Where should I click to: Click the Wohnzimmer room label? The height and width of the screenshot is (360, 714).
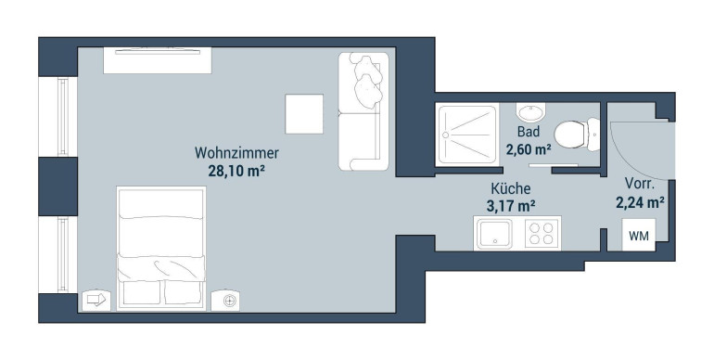(x=236, y=153)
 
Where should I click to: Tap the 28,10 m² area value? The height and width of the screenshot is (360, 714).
(x=236, y=171)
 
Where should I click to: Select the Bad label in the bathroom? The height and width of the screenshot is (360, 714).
(x=529, y=132)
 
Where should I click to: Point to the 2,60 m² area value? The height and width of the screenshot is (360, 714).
(x=529, y=148)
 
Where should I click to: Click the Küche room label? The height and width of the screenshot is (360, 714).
(x=510, y=188)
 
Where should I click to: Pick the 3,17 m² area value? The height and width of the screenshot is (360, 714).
(x=510, y=206)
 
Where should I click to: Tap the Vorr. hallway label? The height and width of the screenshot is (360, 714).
(x=639, y=184)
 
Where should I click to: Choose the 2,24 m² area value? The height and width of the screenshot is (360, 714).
(x=639, y=202)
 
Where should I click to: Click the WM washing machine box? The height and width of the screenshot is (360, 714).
(x=639, y=235)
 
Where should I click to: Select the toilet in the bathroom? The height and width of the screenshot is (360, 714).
(x=577, y=134)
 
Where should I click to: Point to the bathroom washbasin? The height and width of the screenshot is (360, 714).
(x=531, y=111)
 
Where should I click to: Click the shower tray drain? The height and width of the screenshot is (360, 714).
(x=446, y=135)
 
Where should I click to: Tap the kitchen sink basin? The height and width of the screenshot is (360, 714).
(x=494, y=233)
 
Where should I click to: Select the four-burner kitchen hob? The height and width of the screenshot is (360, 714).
(x=542, y=233)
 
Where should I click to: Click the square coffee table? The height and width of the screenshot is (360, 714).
(x=304, y=114)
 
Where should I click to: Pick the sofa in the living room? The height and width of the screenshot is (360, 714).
(x=363, y=111)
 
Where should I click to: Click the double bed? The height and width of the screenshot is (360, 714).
(x=161, y=249)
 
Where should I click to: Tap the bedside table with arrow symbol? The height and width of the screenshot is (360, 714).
(x=96, y=300)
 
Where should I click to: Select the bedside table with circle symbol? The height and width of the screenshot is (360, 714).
(x=225, y=301)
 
